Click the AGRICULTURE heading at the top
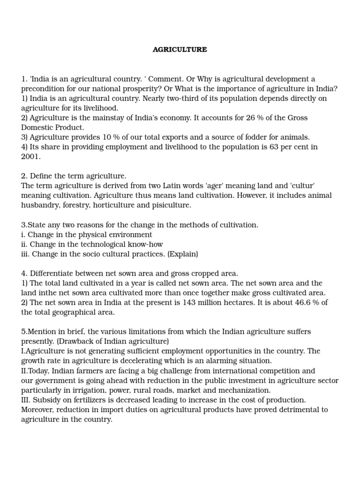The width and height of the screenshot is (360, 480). click(x=180, y=49)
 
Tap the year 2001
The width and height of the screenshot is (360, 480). click(x=31, y=157)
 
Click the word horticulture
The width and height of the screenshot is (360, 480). click(x=117, y=205)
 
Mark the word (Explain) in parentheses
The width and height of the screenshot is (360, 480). click(x=183, y=254)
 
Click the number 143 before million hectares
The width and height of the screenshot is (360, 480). click(x=187, y=302)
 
